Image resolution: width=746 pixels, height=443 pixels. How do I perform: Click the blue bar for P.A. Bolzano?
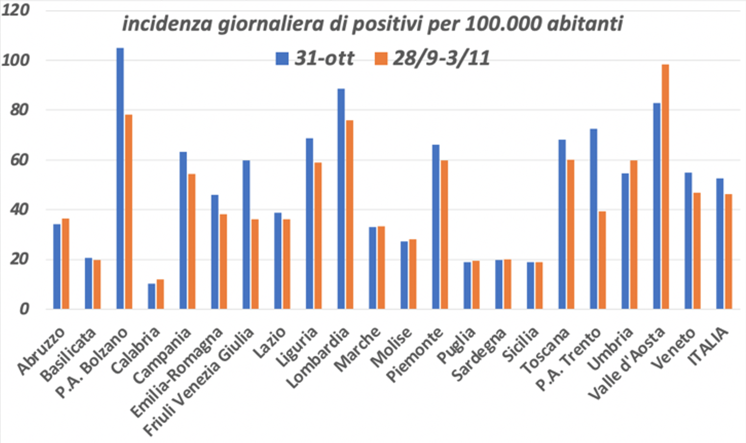coord(120,179)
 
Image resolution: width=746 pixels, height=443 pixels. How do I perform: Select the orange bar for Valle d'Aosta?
coord(665,187)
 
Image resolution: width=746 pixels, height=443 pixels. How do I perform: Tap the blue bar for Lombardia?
coord(341,199)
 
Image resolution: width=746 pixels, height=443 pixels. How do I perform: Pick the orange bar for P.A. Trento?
coord(602,260)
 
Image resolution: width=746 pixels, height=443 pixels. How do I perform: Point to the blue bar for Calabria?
coord(151,297)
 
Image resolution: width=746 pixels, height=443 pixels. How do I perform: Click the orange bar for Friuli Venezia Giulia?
coord(255,264)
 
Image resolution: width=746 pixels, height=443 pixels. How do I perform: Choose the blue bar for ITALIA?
coord(720,244)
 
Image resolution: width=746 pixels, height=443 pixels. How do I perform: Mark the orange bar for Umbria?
coord(634,235)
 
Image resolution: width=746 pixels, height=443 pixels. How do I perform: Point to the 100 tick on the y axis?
coord(16,60)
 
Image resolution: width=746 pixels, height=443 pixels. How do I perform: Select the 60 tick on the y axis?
coord(20,160)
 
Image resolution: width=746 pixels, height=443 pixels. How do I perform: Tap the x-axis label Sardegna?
coord(479,355)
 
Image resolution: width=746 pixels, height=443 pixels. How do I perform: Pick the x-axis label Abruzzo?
coord(41,351)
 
